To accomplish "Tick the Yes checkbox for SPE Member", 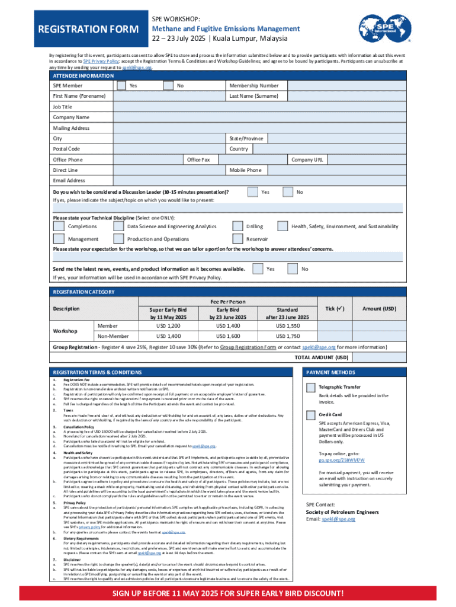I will tap(121, 86).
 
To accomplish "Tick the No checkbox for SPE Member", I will tap(168, 86).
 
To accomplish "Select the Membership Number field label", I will tap(253, 86).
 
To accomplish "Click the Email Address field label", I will tap(69, 180).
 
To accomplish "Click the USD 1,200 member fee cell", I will tap(168, 326).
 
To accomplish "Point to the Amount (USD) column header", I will tap(380, 309).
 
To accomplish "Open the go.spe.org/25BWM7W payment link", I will tap(342, 459).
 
